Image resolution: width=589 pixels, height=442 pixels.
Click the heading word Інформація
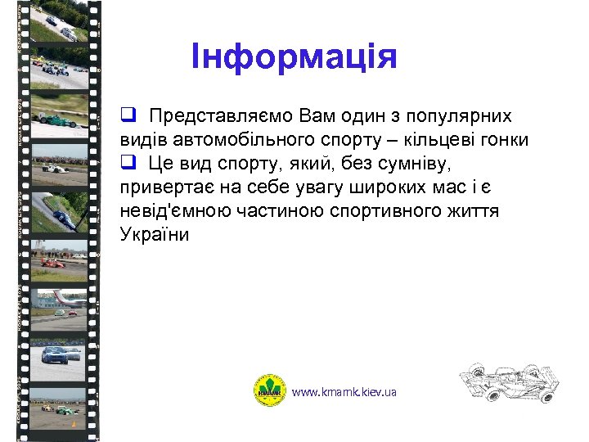(x=294, y=57)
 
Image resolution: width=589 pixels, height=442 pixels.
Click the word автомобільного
(x=235, y=139)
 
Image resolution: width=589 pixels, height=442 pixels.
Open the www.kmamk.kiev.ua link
(x=344, y=392)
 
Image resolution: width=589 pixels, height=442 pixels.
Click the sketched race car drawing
(x=508, y=381)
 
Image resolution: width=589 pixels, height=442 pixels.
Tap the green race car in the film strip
(x=61, y=120)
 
